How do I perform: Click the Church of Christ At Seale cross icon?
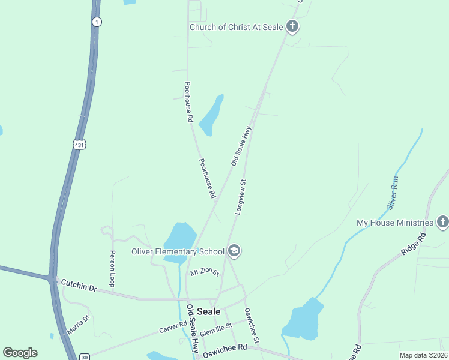click(292, 26)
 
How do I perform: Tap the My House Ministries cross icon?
click(442, 223)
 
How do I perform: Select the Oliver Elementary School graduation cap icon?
click(234, 251)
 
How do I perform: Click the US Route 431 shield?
click(80, 145)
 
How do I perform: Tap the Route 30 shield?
click(84, 357)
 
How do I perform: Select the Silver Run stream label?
click(393, 192)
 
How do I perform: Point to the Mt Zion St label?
click(205, 273)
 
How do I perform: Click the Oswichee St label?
click(251, 326)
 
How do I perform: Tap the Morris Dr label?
click(78, 325)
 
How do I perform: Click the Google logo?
click(20, 353)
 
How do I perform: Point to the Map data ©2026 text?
click(423, 355)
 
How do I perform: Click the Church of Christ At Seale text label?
click(237, 27)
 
